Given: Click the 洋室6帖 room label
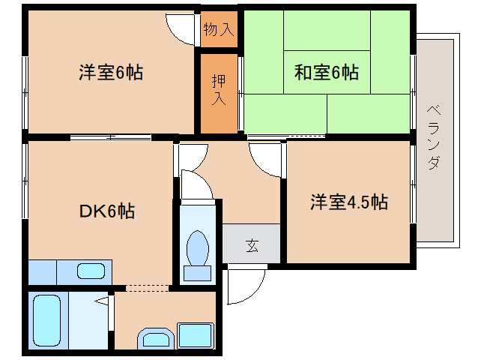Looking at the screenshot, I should click(x=111, y=73).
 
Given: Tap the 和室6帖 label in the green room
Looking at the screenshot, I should click(x=326, y=73).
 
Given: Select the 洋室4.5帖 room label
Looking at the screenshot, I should click(x=349, y=202).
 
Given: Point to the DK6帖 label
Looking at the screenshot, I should click(x=107, y=211).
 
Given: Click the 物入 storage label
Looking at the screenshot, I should click(x=219, y=30).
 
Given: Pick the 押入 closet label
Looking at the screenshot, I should click(x=218, y=88).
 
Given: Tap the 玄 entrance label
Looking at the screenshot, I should click(x=252, y=244).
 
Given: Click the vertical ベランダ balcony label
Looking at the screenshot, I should click(x=434, y=139).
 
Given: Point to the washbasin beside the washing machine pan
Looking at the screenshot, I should click(x=155, y=339).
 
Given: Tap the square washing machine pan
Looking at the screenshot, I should click(x=196, y=334).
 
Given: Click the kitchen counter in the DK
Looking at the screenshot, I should click(x=70, y=271).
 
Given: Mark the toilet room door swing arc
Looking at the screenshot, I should click(x=197, y=184).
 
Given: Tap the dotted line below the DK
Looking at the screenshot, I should click(x=147, y=287).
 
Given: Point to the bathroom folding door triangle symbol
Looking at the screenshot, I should click(x=104, y=301).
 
